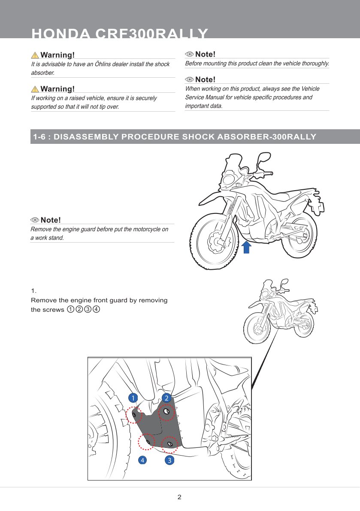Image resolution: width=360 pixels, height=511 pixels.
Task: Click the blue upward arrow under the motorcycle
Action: pyautogui.click(x=247, y=247)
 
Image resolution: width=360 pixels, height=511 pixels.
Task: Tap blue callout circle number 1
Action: pyautogui.click(x=133, y=398)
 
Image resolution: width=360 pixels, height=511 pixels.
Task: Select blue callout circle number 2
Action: pyautogui.click(x=166, y=398)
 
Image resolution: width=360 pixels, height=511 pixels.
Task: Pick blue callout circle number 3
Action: pyautogui.click(x=169, y=460)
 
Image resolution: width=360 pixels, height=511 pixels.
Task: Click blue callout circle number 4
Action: pyautogui.click(x=142, y=460)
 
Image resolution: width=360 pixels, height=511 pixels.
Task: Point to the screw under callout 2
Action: pyautogui.click(x=166, y=411)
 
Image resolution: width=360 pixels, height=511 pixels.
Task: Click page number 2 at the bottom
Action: pyautogui.click(x=179, y=497)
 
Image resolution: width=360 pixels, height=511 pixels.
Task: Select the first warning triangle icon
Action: pyautogui.click(x=35, y=55)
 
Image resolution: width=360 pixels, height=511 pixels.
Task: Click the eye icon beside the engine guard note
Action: pyautogui.click(x=34, y=220)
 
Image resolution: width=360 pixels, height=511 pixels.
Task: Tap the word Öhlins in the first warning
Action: pyautogui.click(x=102, y=64)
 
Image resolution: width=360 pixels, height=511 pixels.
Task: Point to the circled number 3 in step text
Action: pyautogui.click(x=88, y=309)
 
